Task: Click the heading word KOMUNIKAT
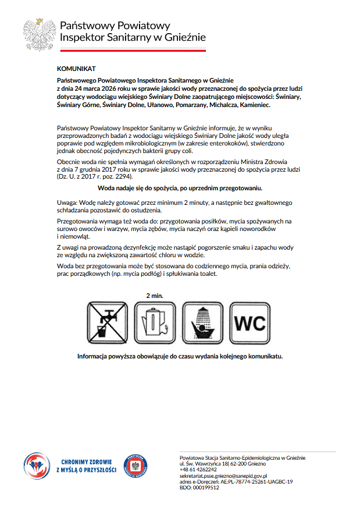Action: point(76,69)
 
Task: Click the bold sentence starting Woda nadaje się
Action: point(180,188)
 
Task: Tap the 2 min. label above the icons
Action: point(154,296)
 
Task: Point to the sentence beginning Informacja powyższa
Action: point(180,356)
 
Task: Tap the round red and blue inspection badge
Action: point(135,466)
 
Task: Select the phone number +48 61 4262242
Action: point(198,470)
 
